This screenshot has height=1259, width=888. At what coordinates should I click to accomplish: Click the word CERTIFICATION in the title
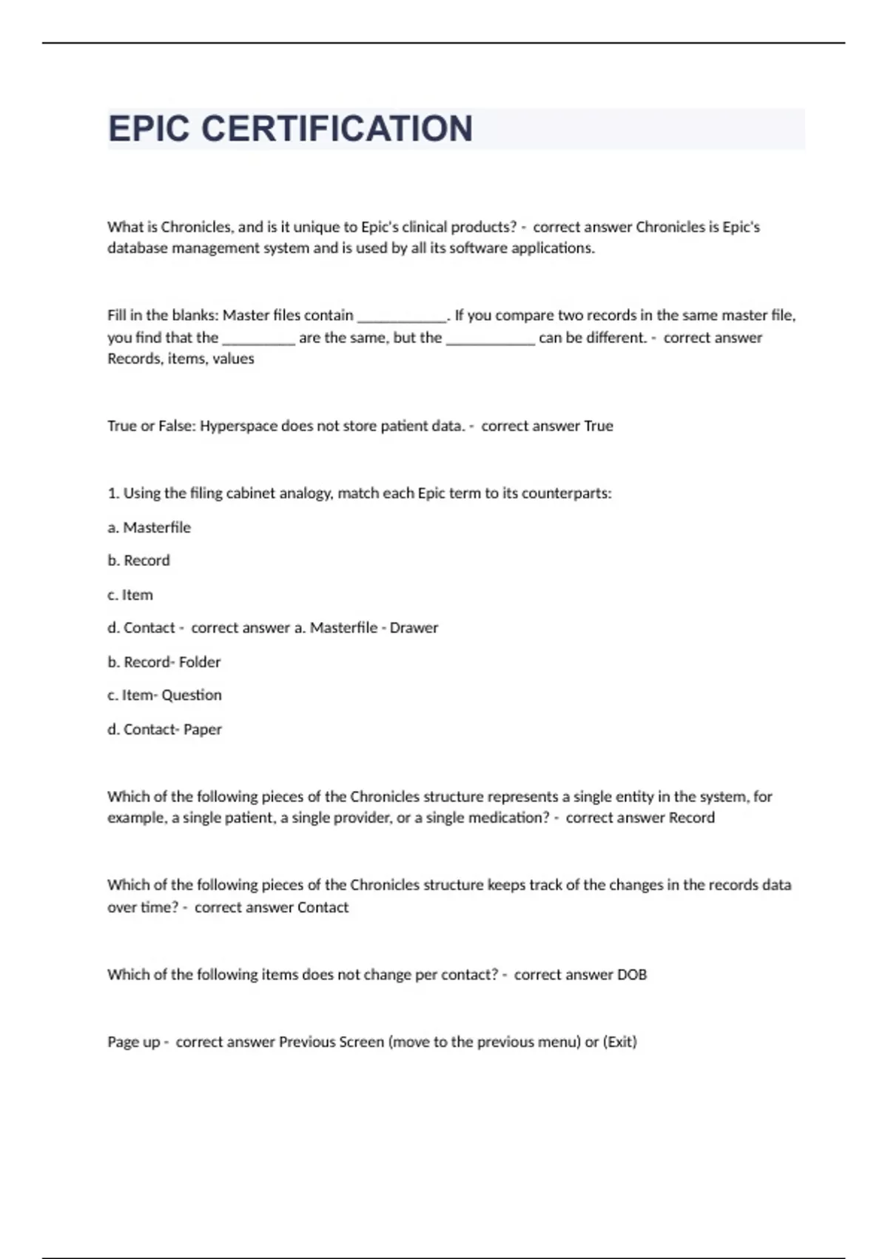coord(337,129)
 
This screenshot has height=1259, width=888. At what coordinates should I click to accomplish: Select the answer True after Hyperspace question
coord(598,426)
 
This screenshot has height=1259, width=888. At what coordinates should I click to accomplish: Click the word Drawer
coord(414,628)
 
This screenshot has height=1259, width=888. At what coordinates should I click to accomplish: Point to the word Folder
coord(200,662)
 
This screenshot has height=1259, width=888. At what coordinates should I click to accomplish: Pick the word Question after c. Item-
coord(192,695)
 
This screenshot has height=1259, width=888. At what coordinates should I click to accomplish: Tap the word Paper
coord(203,729)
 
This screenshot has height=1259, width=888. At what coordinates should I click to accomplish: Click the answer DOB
coord(632,975)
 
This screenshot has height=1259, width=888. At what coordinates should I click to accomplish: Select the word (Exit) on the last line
coord(619,1042)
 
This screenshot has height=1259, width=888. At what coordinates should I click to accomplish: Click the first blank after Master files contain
coord(402,317)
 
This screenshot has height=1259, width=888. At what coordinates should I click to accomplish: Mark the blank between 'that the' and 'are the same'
coord(258,339)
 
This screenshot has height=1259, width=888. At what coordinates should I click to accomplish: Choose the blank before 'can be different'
coord(490,339)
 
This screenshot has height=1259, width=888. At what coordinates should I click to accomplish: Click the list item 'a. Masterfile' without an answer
coord(149,528)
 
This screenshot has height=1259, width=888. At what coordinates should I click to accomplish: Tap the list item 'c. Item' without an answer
coord(130,595)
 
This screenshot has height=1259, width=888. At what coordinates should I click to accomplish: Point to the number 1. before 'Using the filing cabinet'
coord(113,493)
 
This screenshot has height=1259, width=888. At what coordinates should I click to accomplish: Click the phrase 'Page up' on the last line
coord(134,1042)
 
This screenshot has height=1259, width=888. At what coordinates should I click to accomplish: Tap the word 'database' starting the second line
coord(138,248)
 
